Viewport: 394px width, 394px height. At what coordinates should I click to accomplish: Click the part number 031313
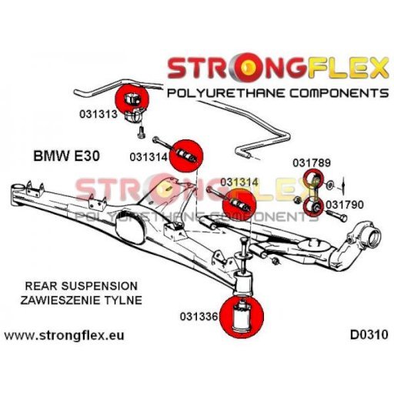tap(98, 114)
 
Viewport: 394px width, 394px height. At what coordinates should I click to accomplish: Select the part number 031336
tap(199, 316)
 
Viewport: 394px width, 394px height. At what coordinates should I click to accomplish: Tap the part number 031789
tap(312, 163)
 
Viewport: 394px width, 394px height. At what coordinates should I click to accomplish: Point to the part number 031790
tap(345, 205)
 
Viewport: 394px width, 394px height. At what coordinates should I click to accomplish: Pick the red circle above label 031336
tap(242, 317)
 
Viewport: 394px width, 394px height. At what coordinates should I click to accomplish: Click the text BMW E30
tap(67, 156)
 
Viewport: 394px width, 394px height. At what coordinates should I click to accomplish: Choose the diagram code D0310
tap(369, 335)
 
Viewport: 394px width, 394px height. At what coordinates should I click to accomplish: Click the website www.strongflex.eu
tap(65, 336)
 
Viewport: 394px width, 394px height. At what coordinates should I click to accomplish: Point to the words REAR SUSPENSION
tap(82, 286)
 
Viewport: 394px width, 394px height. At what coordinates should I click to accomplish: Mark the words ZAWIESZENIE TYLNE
tap(82, 300)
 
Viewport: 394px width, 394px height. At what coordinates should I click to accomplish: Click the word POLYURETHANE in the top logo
tap(226, 93)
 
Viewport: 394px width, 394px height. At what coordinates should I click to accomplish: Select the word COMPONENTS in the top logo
tap(339, 93)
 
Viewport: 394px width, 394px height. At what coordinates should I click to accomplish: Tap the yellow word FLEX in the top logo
tap(348, 68)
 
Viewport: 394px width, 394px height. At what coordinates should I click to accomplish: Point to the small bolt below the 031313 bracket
tap(141, 133)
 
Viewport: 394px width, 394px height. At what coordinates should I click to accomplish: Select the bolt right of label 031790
tap(336, 215)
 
